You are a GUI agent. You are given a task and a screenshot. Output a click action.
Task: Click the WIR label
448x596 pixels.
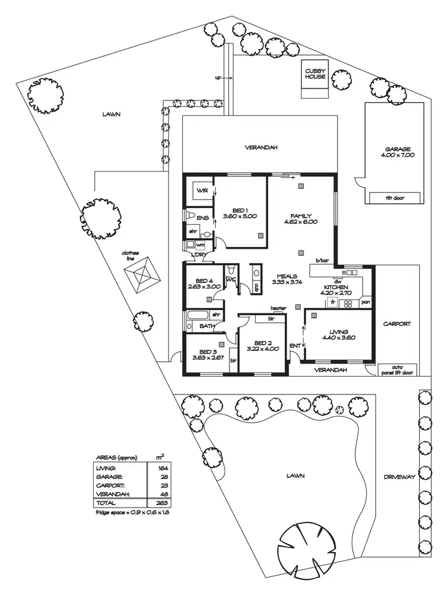click(x=202, y=191)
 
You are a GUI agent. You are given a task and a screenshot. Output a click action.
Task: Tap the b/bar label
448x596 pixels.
click(x=322, y=261)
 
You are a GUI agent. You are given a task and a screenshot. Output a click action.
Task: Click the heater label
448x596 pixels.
click(x=278, y=308)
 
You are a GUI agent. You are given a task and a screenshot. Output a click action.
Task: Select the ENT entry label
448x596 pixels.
click(x=295, y=346)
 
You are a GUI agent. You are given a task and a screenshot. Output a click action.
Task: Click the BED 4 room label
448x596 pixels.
click(x=204, y=280)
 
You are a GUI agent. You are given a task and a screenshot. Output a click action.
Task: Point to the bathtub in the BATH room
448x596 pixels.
click(x=197, y=314)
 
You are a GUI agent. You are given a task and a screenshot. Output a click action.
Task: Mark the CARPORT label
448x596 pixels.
click(x=397, y=324)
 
